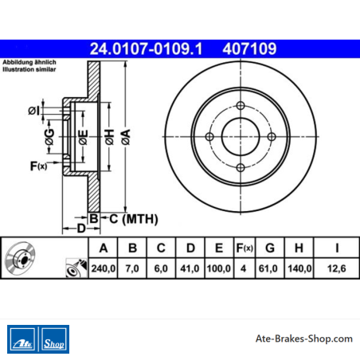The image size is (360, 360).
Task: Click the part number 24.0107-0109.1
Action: click(x=146, y=49)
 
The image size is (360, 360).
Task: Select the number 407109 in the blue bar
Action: click(x=249, y=49)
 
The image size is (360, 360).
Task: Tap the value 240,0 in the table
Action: click(x=104, y=268)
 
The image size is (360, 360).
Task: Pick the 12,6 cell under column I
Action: click(x=337, y=268)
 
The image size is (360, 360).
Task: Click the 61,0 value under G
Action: click(x=268, y=268)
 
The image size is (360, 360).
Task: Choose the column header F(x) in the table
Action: click(x=245, y=248)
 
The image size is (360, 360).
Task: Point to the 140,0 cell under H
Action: click(x=299, y=268)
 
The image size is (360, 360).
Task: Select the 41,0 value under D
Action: click(x=190, y=268)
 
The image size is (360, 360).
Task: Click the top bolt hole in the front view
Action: click(x=241, y=106)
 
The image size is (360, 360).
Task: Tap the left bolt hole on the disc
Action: click(x=209, y=137)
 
